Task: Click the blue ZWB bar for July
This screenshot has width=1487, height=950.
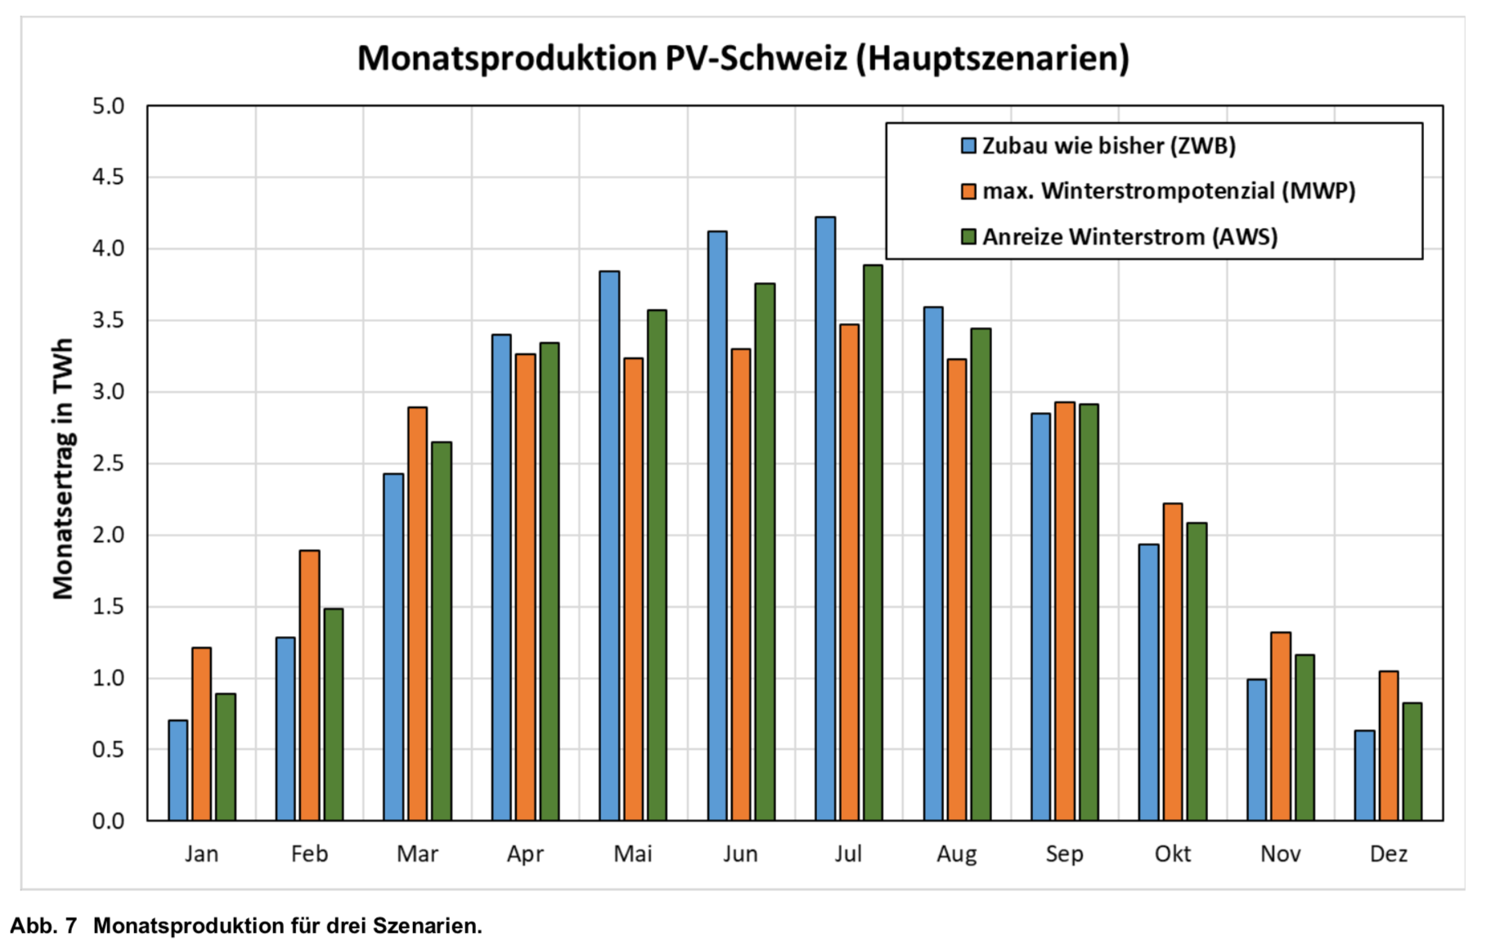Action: click(825, 518)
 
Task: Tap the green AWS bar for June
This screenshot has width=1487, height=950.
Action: click(765, 552)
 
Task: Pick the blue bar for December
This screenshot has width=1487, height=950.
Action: click(1364, 775)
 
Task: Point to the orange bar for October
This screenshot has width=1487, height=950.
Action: click(1172, 661)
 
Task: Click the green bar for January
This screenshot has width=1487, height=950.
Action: click(226, 757)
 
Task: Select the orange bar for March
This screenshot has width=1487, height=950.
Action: click(417, 613)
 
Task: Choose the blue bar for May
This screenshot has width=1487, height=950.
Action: click(609, 545)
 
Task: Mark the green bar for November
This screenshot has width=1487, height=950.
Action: click(1305, 737)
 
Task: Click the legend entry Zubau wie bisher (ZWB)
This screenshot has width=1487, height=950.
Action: click(1108, 146)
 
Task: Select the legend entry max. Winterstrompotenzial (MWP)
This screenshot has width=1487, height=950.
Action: click(1168, 191)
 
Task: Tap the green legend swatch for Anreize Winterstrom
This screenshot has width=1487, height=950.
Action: click(968, 237)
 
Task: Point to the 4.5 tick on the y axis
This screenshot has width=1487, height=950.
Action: click(108, 177)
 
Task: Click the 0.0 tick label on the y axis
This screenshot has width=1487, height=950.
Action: click(108, 821)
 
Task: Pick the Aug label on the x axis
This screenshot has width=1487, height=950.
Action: click(956, 854)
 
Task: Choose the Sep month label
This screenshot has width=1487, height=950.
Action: click(1064, 854)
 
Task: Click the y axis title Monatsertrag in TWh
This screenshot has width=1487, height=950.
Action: click(63, 468)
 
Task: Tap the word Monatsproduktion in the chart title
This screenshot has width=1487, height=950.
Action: click(507, 59)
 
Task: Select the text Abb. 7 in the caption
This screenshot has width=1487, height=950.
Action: click(43, 926)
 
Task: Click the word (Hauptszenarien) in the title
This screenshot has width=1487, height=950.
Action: click(992, 59)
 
